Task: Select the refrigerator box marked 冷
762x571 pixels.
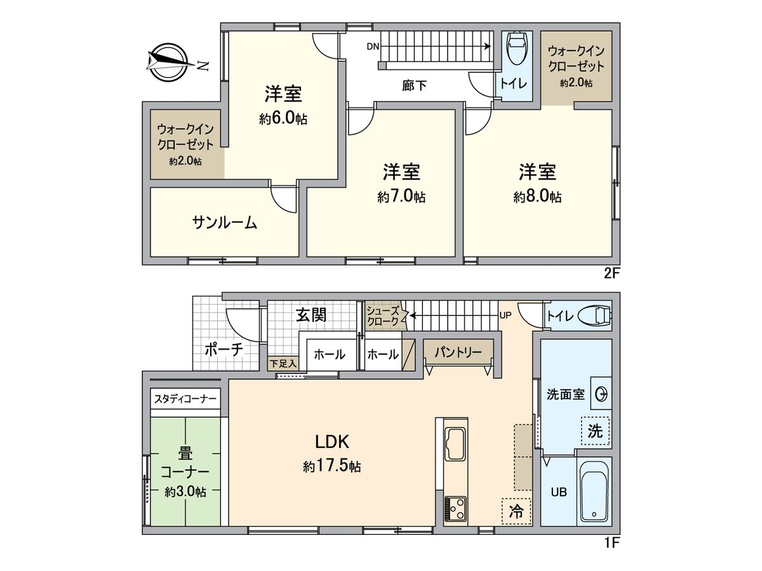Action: click(x=517, y=511)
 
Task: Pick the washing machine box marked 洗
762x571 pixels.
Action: click(x=595, y=431)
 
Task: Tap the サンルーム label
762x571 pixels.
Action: click(x=225, y=222)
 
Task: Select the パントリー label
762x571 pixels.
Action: click(x=458, y=351)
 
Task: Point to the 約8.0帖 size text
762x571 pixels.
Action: click(x=537, y=197)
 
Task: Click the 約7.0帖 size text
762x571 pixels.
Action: click(x=401, y=197)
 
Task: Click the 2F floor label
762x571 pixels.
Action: click(x=612, y=275)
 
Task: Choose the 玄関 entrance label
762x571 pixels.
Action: click(x=311, y=314)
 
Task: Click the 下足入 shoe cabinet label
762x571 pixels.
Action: click(x=283, y=364)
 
